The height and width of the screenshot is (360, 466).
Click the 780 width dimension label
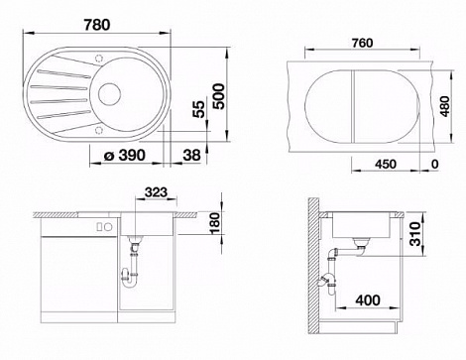coord(96,25)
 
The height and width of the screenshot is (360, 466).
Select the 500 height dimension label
coord(218,96)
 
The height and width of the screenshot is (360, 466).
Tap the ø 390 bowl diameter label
coord(125,155)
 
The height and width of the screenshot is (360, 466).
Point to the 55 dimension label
coord(199,109)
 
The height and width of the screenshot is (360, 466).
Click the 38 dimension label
coord(191,155)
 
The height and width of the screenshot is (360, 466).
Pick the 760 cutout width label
coord(362,43)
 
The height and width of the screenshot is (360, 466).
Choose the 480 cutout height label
coord(445,106)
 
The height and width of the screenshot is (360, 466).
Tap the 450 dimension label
coord(386,164)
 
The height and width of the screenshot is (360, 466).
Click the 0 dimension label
coord(435,164)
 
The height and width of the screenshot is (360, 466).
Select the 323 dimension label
coord(157,192)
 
